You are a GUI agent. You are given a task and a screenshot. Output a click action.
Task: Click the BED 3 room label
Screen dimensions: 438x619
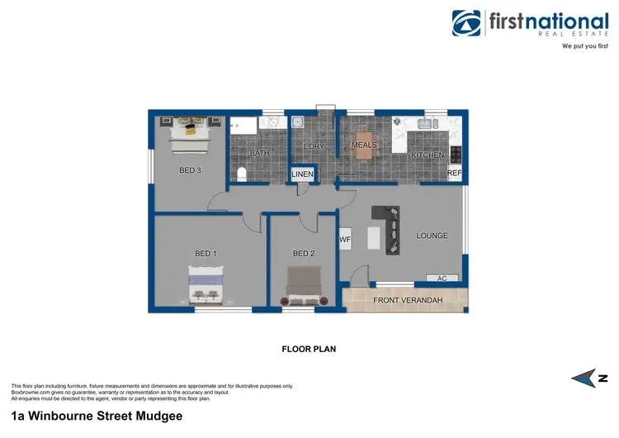pyautogui.click(x=191, y=171)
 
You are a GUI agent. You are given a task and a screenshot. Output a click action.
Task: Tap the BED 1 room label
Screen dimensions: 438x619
pyautogui.click(x=206, y=253)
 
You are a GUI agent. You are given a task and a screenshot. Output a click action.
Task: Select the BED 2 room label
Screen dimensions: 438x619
pyautogui.click(x=304, y=254)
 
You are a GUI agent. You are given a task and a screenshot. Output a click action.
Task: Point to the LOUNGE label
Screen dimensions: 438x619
pyautogui.click(x=432, y=236)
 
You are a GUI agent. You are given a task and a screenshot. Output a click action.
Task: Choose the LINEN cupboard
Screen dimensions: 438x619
pyautogui.click(x=302, y=174)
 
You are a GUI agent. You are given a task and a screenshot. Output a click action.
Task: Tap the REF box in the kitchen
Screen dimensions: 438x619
pyautogui.click(x=455, y=174)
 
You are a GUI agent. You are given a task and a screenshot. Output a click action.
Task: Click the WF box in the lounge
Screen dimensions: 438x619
pyautogui.click(x=346, y=240)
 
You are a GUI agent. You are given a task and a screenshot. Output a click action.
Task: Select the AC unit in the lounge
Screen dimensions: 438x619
pyautogui.click(x=442, y=279)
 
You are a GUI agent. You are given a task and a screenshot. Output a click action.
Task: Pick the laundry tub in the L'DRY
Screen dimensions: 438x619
pyautogui.click(x=300, y=122)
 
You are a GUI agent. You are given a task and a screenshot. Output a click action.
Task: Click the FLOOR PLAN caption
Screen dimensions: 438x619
pyautogui.click(x=309, y=350)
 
